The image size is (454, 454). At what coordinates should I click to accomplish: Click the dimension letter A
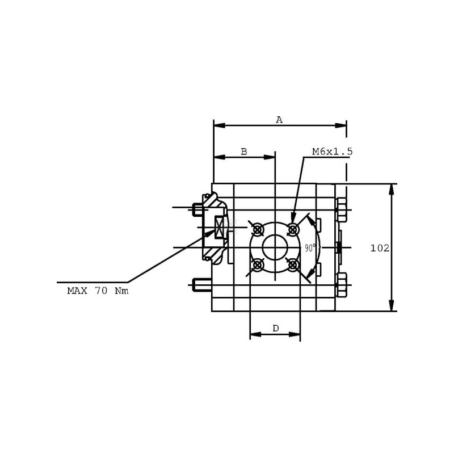(279, 120)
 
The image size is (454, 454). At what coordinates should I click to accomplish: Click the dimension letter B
(244, 152)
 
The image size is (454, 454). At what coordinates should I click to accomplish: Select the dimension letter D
(276, 329)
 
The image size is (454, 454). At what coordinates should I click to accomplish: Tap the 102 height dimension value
(380, 248)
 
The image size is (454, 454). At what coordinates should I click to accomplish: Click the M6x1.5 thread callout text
(333, 152)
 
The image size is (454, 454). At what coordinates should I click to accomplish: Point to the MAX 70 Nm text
(98, 291)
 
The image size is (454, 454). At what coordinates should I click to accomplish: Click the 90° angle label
(310, 248)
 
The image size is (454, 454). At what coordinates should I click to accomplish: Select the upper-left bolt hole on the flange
(258, 230)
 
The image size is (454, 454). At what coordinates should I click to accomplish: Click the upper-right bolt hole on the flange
(293, 230)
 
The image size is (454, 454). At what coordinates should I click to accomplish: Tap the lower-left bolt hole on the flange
(258, 264)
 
